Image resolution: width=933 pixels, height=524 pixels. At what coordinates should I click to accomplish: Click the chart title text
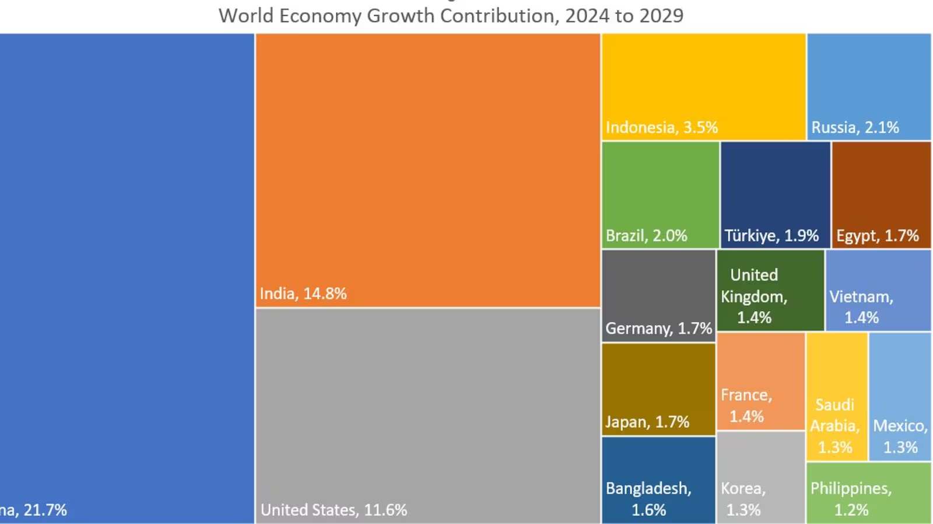pyautogui.click(x=450, y=16)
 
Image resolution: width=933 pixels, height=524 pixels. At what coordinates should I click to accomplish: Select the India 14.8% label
pyautogui.click(x=303, y=294)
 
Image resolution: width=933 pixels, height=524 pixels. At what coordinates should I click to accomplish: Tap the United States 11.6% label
pyautogui.click(x=334, y=510)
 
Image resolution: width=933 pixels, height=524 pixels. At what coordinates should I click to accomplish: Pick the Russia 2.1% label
pyautogui.click(x=855, y=128)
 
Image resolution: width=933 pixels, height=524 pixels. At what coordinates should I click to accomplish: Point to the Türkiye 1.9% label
pyautogui.click(x=771, y=236)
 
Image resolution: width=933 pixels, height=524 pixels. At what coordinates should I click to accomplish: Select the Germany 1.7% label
pyautogui.click(x=659, y=329)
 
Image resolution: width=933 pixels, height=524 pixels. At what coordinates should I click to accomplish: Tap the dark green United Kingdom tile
pyautogui.click(x=770, y=290)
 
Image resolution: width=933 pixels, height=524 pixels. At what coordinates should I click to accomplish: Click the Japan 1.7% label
pyautogui.click(x=647, y=422)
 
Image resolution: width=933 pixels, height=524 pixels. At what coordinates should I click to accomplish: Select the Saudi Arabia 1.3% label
pyautogui.click(x=835, y=426)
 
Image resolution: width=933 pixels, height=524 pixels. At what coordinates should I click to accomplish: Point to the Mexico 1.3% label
pyautogui.click(x=900, y=436)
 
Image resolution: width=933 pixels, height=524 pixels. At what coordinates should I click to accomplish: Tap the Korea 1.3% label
pyautogui.click(x=743, y=499)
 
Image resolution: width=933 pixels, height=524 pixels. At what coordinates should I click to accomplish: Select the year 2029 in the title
pyautogui.click(x=661, y=16)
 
